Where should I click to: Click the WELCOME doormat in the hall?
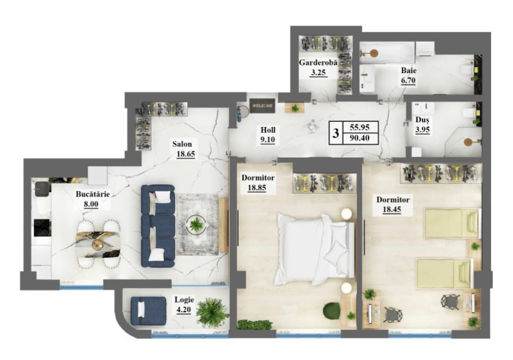pyautogui.click(x=263, y=106)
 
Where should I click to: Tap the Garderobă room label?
pyautogui.click(x=318, y=63)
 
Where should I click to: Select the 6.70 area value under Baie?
pyautogui.click(x=408, y=80)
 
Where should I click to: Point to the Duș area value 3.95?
pyautogui.click(x=423, y=130)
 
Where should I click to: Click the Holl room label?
pyautogui.click(x=268, y=130)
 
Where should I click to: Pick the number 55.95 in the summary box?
pyautogui.click(x=360, y=126)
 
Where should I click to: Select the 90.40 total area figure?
pyautogui.click(x=360, y=138)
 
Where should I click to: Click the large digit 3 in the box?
pyautogui.click(x=335, y=133)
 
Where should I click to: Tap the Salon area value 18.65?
pyautogui.click(x=186, y=154)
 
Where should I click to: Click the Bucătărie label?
pyautogui.click(x=93, y=194)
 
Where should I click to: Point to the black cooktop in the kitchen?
pyautogui.click(x=42, y=228)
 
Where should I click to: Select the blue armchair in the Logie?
pyautogui.click(x=148, y=311)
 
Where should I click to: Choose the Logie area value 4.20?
pyautogui.click(x=184, y=310)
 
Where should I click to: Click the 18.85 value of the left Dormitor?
pyautogui.click(x=256, y=188)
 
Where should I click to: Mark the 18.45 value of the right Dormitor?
pyautogui.click(x=392, y=210)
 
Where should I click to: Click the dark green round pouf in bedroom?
pyautogui.click(x=331, y=310)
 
